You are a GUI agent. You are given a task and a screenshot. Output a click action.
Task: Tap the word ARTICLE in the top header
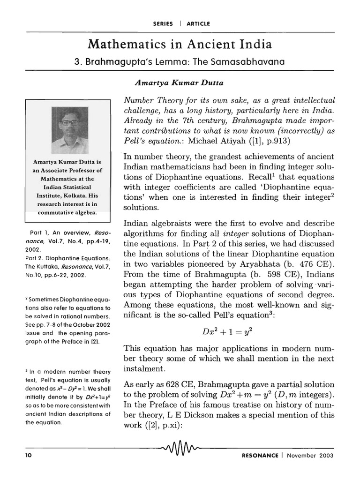[198, 23]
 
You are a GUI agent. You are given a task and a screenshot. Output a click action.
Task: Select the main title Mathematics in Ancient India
[180, 45]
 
